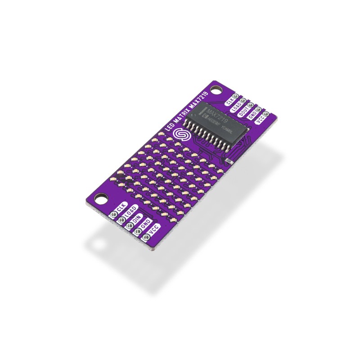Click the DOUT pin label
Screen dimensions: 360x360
click(246, 114)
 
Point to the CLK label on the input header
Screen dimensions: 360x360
click(119, 208)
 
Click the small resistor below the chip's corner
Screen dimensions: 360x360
click(228, 160)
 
